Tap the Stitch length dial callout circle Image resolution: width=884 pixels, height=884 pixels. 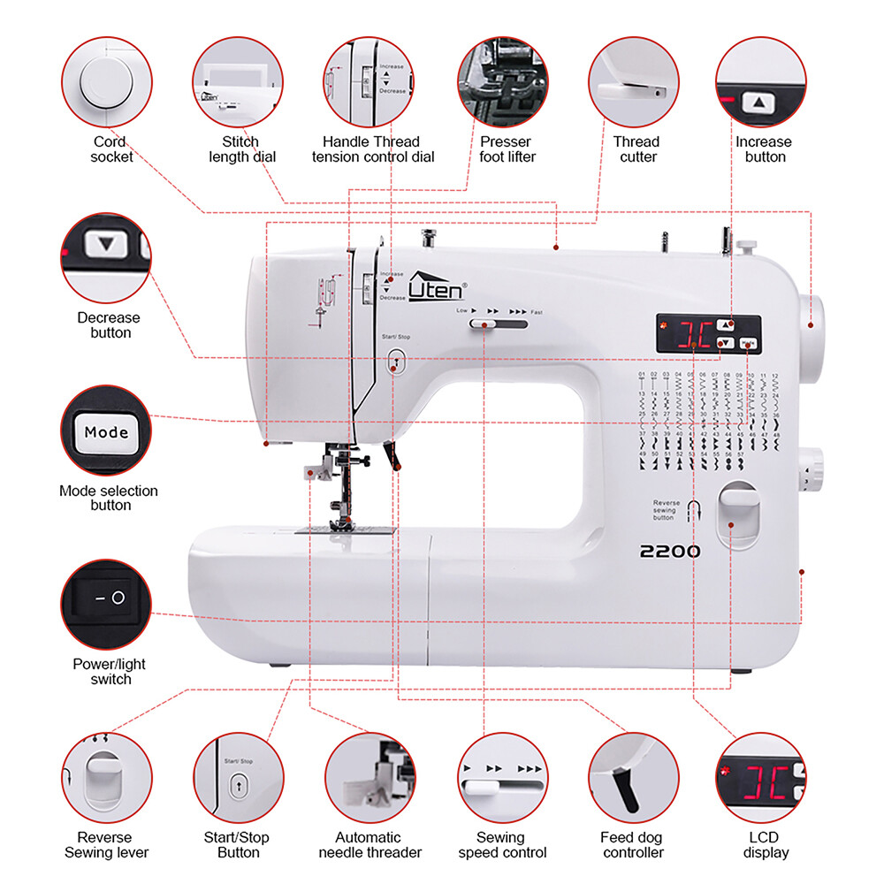(238, 81)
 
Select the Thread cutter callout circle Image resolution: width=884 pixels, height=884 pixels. (635, 81)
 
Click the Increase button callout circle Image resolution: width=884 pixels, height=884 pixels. (761, 81)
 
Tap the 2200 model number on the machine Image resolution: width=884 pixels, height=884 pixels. (670, 552)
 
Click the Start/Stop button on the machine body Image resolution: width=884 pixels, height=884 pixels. (396, 359)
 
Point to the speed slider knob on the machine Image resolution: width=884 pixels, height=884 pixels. (483, 325)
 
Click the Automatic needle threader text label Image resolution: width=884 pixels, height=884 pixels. (369, 844)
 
